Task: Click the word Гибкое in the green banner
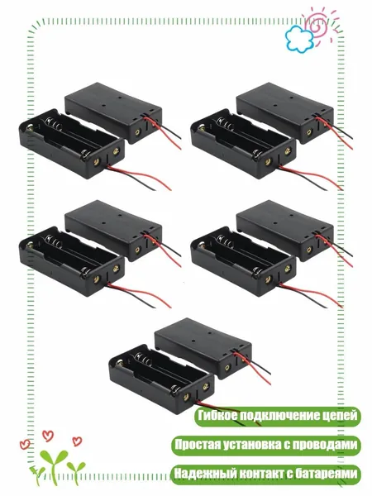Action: click(217, 415)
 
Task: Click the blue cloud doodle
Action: click(298, 39)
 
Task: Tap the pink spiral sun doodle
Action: click(319, 24)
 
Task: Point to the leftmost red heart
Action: click(25, 444)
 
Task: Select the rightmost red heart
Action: click(77, 441)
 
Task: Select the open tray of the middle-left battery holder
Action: click(72, 261)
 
